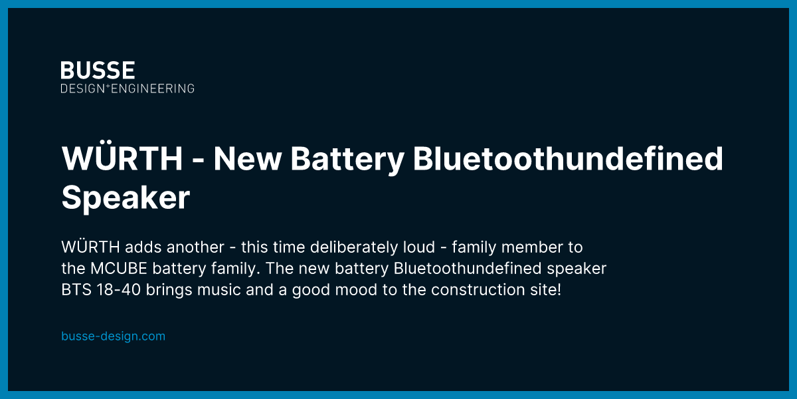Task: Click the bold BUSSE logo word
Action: point(98,70)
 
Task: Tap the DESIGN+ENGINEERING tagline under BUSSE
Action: point(128,88)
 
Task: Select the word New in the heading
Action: point(247,158)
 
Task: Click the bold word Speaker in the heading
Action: point(126,198)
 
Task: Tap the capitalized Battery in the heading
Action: point(347,160)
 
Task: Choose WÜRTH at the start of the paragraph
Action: point(90,246)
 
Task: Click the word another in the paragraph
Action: point(195,247)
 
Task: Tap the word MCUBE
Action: point(118,269)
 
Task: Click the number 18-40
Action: point(118,290)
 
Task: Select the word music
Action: point(219,290)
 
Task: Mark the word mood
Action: point(356,290)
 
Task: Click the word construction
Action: point(478,290)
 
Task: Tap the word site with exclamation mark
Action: point(545,290)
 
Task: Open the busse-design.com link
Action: point(113,336)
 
